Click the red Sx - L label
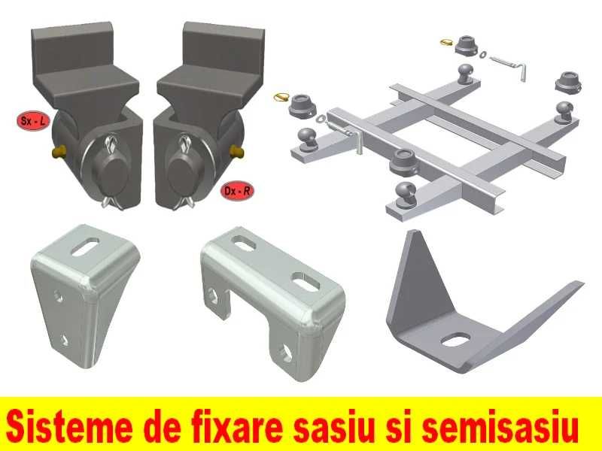[31, 120]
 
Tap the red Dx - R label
[239, 191]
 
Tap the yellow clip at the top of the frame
[448, 43]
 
